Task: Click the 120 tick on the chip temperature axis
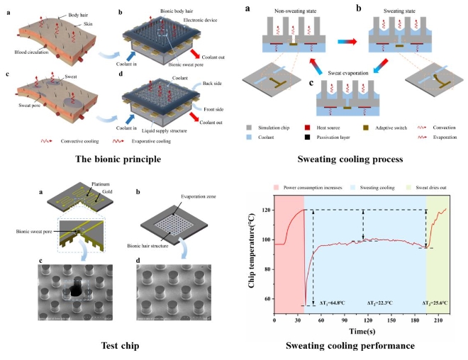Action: click(x=266, y=210)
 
